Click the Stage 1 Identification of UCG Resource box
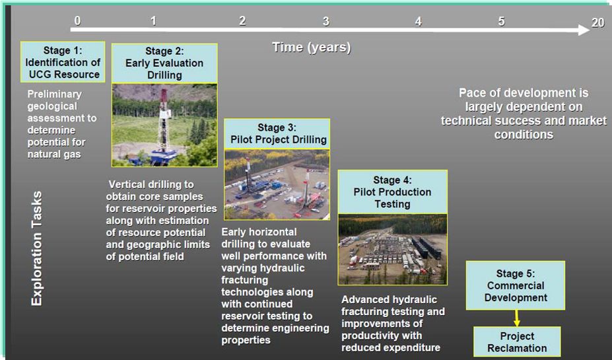click(63, 62)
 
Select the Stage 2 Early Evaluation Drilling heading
click(164, 63)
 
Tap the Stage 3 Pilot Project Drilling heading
click(277, 134)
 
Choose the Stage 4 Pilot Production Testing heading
click(393, 192)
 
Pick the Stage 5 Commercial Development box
click(516, 285)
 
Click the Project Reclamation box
click(517, 342)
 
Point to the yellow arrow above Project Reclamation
click(517, 318)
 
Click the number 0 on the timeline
click(77, 20)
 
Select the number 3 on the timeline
click(326, 21)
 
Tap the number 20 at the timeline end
click(597, 22)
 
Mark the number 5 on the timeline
click(501, 21)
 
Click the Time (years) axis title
click(312, 48)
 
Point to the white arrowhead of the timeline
click(584, 30)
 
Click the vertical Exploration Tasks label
click(36, 248)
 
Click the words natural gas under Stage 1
click(54, 154)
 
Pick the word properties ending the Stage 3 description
click(246, 340)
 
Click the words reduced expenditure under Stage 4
click(391, 347)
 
